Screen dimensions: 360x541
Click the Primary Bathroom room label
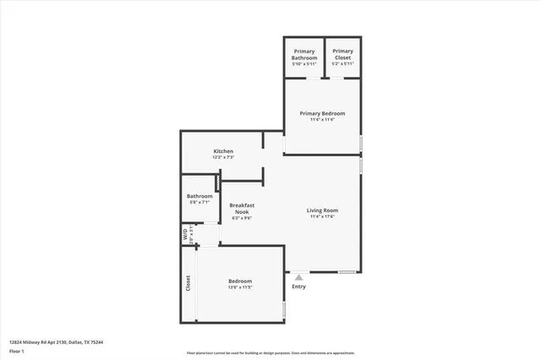point(304,55)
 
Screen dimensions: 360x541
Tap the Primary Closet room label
point(343,55)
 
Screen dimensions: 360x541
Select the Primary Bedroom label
point(322,113)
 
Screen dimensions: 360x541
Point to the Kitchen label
point(223,151)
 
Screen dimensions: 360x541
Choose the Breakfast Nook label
point(243,208)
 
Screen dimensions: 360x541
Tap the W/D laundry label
point(185,235)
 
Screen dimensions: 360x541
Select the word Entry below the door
point(298,286)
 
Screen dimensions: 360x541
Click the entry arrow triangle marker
point(298,275)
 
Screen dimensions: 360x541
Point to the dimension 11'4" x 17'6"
point(322,217)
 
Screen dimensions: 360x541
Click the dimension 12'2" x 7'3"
point(223,157)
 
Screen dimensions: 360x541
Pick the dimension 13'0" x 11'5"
point(240,288)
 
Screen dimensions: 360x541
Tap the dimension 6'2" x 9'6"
point(243,218)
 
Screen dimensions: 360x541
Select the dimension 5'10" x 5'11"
point(304,64)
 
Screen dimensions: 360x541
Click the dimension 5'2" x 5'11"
point(343,64)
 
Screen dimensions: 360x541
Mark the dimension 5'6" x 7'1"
point(200,203)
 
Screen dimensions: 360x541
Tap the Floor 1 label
point(17,351)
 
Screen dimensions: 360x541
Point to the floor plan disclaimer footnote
point(270,353)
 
